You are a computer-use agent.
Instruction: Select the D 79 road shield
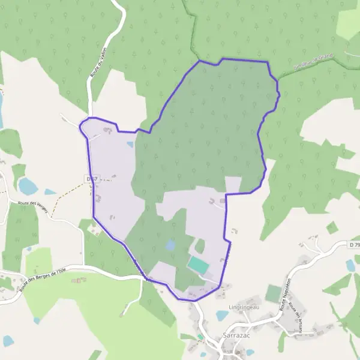(353, 244)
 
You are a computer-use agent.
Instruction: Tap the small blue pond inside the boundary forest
(171, 245)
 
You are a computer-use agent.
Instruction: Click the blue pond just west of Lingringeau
(222, 316)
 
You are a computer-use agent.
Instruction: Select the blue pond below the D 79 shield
(350, 265)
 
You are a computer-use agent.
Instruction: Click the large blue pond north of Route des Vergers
(28, 187)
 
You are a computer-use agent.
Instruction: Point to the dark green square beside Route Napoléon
(273, 293)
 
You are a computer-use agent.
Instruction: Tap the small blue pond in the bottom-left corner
(8, 341)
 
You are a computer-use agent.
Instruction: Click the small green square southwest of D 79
(332, 228)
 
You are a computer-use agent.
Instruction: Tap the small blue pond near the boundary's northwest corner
(130, 145)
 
